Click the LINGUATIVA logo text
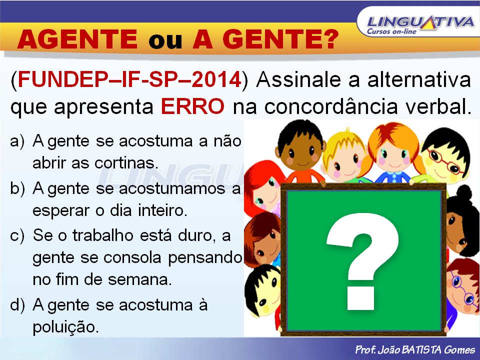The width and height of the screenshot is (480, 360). [420, 22]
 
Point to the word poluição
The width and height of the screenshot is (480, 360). [65, 327]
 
